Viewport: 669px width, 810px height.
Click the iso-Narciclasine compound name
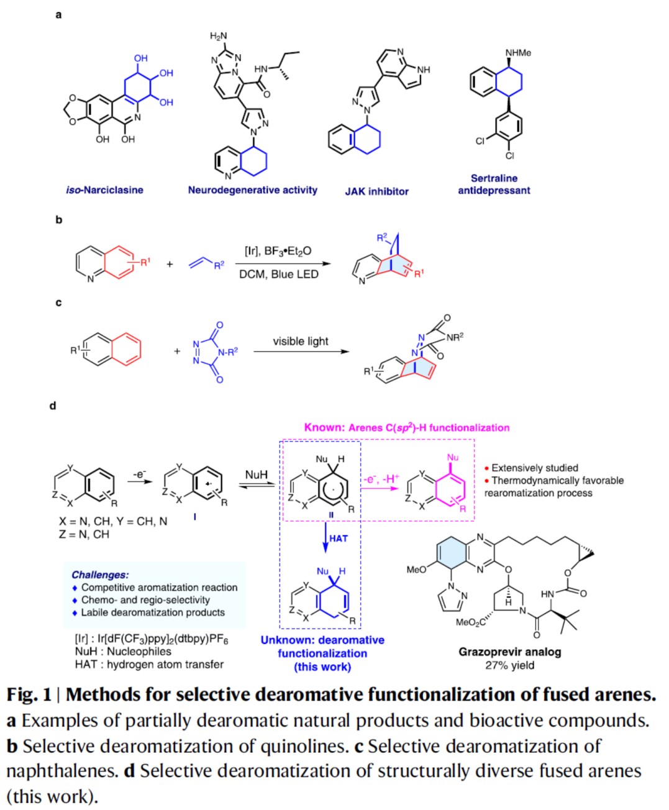(x=104, y=190)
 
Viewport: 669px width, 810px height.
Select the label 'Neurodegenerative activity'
(x=252, y=190)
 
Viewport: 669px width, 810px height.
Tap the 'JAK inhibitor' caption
(x=376, y=191)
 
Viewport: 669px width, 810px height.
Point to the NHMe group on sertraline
(x=518, y=53)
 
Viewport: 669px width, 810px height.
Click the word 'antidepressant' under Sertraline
(x=494, y=191)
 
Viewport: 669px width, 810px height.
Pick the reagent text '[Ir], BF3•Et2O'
(x=278, y=251)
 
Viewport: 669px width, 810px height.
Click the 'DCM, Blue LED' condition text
(x=278, y=274)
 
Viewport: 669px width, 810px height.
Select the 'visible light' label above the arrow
(x=300, y=341)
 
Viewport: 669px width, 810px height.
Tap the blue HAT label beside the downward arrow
(x=339, y=539)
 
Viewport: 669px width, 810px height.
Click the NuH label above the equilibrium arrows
(x=256, y=475)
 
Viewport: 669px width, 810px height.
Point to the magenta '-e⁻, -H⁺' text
(x=381, y=478)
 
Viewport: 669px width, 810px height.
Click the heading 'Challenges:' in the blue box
(x=100, y=575)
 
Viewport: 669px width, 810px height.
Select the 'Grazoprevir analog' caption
(x=509, y=652)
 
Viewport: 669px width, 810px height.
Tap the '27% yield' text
(x=509, y=665)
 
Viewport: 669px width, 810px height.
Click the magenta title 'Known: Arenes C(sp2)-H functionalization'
(x=406, y=427)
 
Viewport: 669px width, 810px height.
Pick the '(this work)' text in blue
(x=322, y=667)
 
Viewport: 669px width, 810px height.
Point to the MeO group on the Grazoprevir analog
(x=416, y=569)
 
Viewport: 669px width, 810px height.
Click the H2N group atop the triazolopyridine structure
(x=218, y=36)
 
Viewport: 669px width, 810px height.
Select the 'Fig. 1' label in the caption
(x=29, y=694)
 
